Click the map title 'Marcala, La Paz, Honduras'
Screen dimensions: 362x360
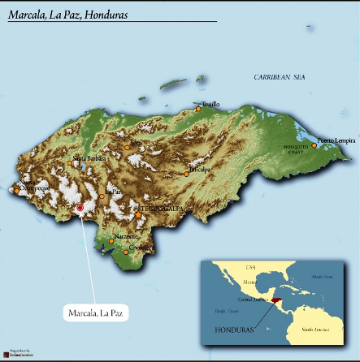(74, 15)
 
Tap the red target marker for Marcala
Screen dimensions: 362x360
(80, 209)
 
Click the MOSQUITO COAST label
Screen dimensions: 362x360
(296, 150)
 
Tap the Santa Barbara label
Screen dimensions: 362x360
(89, 157)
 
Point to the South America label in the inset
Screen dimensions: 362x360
(319, 330)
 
